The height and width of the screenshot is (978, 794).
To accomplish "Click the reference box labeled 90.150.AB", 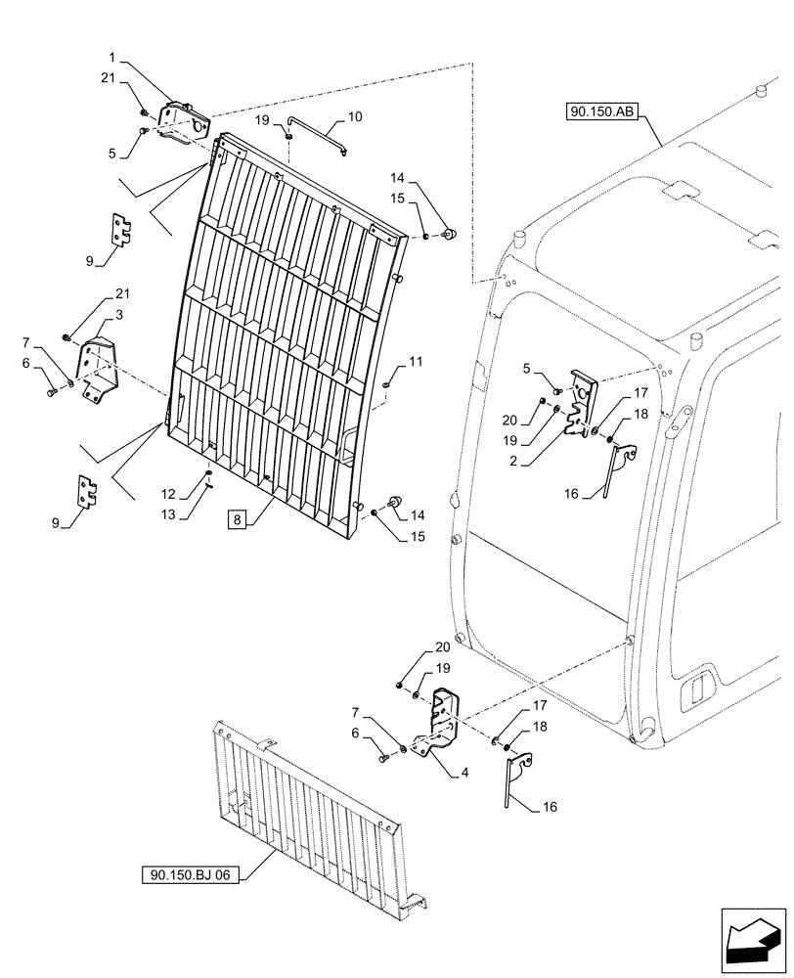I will [x=600, y=112].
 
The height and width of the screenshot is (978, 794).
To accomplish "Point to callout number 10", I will [x=354, y=116].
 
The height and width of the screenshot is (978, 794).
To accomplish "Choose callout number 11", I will [x=416, y=362].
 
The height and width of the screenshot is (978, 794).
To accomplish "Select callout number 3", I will [x=118, y=314].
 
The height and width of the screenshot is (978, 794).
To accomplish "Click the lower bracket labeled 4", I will [x=440, y=722].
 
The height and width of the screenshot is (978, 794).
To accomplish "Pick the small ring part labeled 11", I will [x=388, y=384].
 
